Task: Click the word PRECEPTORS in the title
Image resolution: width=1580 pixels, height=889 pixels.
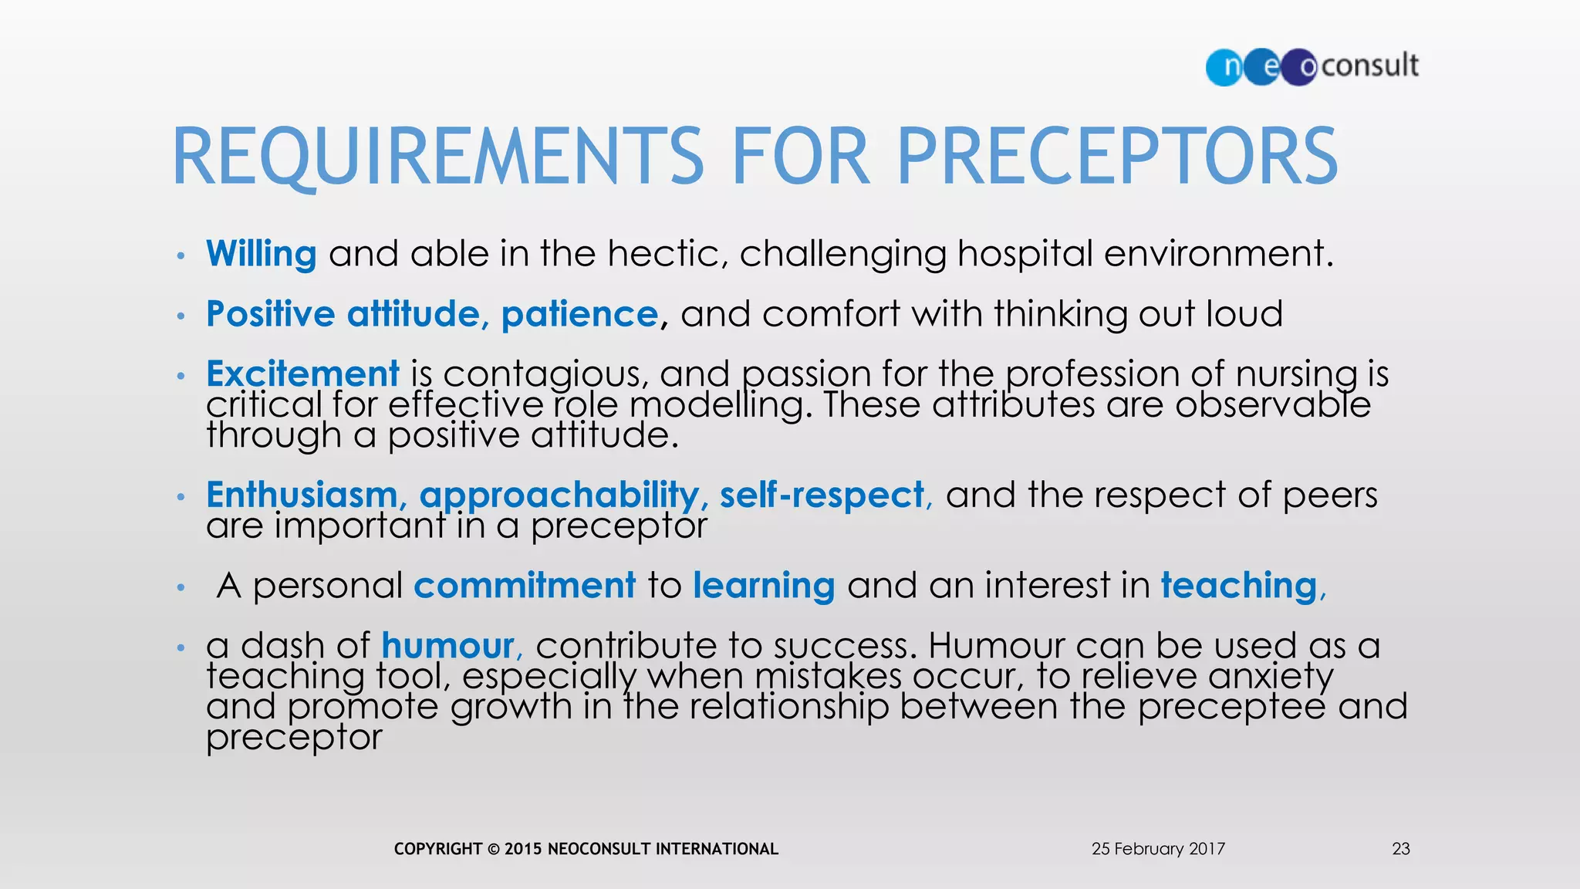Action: tap(1116, 157)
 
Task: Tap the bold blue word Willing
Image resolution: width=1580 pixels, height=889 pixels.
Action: tap(261, 254)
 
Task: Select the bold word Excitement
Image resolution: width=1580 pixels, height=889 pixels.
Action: tap(302, 374)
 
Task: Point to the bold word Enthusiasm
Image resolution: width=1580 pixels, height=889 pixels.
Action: tap(302, 495)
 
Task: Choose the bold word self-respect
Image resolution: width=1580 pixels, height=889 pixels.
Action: tap(822, 495)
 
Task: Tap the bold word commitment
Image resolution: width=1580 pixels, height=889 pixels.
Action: tap(525, 585)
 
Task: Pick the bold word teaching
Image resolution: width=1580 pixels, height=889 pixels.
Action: tap(1239, 585)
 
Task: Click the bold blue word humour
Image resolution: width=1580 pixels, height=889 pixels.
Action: tap(447, 646)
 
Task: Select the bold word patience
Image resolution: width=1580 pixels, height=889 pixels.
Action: tap(579, 314)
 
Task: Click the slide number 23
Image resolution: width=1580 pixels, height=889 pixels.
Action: tap(1401, 849)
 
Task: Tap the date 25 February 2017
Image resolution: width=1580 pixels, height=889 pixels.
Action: tap(1158, 849)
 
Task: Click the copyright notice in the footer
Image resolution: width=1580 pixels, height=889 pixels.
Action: tap(586, 849)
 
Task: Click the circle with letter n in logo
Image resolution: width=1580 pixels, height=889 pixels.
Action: tap(1225, 67)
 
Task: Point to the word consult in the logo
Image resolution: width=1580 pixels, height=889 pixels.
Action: tap(1370, 66)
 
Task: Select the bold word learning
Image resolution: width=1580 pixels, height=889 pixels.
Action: tap(764, 586)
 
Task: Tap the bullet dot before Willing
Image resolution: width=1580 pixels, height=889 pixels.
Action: tap(181, 255)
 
